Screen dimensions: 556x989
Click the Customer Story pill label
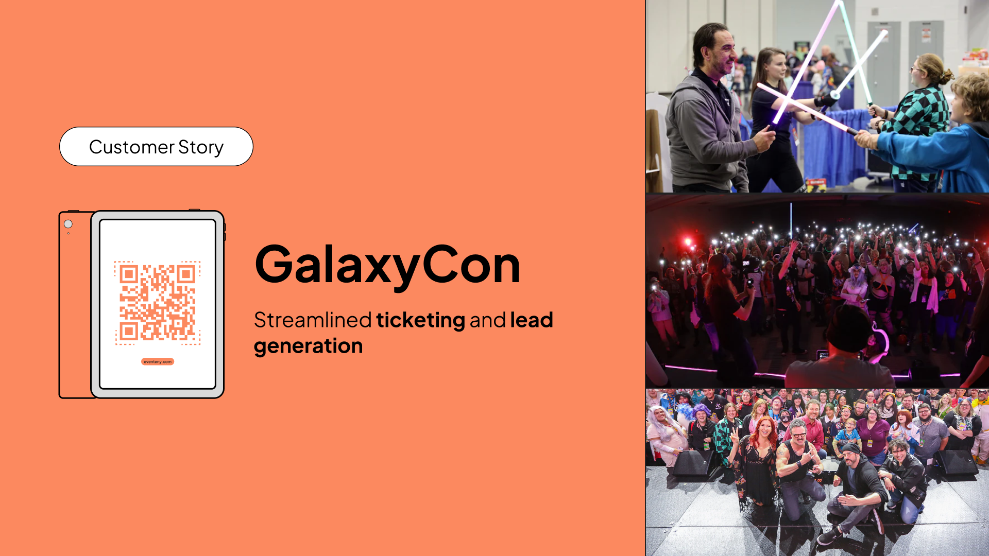tap(156, 147)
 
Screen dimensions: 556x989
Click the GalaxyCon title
tap(387, 265)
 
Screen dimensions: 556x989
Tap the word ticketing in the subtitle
tap(420, 320)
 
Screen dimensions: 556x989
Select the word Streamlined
tap(313, 320)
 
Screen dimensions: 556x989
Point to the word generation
tap(308, 346)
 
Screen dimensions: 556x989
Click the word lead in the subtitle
tap(531, 320)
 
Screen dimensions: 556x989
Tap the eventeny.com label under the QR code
tap(158, 361)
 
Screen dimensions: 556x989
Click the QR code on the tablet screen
tap(157, 303)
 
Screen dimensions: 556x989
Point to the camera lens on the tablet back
tap(68, 224)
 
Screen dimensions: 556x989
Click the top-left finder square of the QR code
tap(128, 274)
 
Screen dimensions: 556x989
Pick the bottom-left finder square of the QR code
tap(128, 331)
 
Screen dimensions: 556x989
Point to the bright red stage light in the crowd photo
tap(687, 241)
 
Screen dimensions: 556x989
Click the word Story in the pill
tap(201, 147)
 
